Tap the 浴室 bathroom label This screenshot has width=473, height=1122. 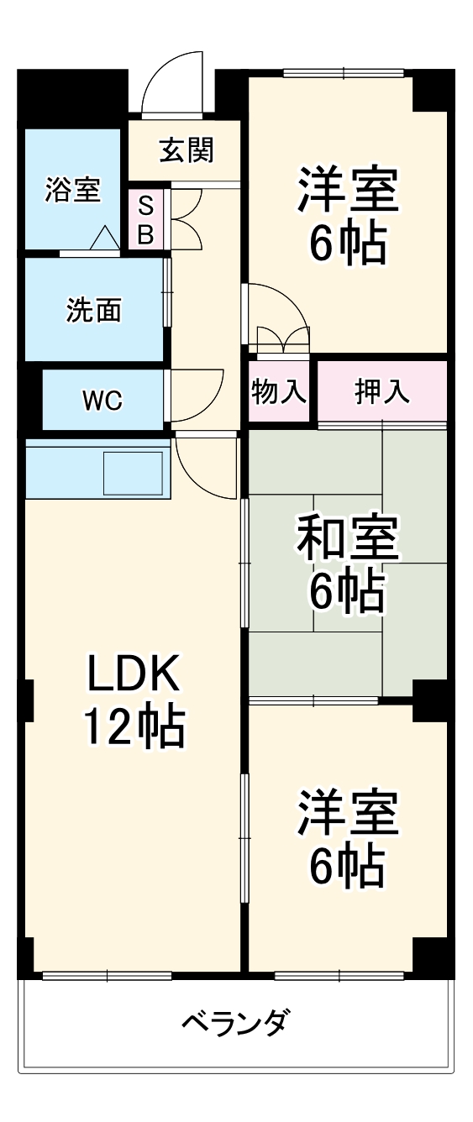72,190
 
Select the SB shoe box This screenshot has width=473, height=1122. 145,220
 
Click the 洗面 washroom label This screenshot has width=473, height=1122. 94,310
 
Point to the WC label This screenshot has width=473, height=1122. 102,401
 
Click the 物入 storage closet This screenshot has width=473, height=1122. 279,391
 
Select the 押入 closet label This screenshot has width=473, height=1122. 381,391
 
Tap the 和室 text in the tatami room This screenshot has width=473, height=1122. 347,541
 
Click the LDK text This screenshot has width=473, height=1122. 133,674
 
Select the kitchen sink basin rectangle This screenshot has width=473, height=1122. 132,473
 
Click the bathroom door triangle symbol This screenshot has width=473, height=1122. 105,239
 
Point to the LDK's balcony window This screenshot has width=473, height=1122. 107,975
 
